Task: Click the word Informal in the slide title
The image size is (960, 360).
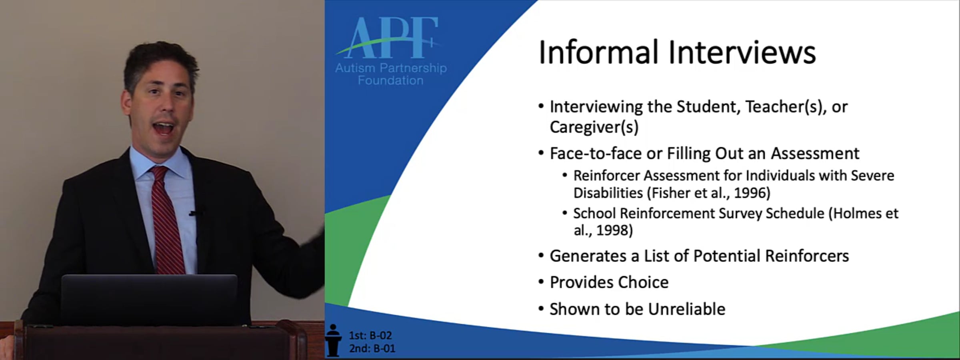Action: click(x=598, y=52)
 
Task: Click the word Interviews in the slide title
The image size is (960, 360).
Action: click(x=742, y=52)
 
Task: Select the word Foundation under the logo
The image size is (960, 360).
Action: click(x=390, y=80)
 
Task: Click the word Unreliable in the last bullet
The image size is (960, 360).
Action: click(x=686, y=309)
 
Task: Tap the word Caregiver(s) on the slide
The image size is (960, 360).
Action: click(x=594, y=127)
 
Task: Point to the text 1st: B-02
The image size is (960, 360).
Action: click(x=370, y=335)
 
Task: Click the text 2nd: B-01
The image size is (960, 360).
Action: click(x=372, y=348)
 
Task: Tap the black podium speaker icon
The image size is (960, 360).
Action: click(x=333, y=340)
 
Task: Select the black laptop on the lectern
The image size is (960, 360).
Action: click(x=150, y=298)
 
